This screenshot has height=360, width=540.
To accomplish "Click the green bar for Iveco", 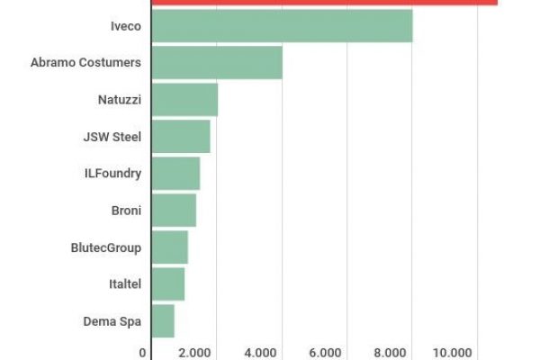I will (x=282, y=25).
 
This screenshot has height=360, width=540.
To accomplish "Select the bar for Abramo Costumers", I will (x=217, y=62).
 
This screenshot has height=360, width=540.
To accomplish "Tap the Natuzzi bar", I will (x=184, y=99).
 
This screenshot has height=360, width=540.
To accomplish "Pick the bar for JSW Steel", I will (x=181, y=136).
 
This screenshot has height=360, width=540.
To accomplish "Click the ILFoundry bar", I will (x=175, y=173).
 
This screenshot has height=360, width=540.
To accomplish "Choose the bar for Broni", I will (x=174, y=210).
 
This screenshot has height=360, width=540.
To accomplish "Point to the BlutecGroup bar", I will (x=170, y=247).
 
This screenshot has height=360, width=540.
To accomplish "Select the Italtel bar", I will (x=168, y=283).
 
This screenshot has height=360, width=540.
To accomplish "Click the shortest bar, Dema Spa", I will (x=163, y=320).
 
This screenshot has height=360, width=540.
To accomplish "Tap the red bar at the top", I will (x=324, y=2).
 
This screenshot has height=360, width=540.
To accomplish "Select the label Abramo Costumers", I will (x=85, y=62).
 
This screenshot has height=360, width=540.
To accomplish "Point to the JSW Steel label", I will (x=112, y=136).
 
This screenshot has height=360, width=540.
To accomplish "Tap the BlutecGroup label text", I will (x=105, y=247).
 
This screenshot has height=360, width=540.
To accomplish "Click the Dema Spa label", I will (x=112, y=320).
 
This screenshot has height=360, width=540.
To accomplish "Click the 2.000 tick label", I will (x=194, y=352).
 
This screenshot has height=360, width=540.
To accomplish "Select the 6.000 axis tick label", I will (x=326, y=352).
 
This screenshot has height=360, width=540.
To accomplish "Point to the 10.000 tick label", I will (x=454, y=352).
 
